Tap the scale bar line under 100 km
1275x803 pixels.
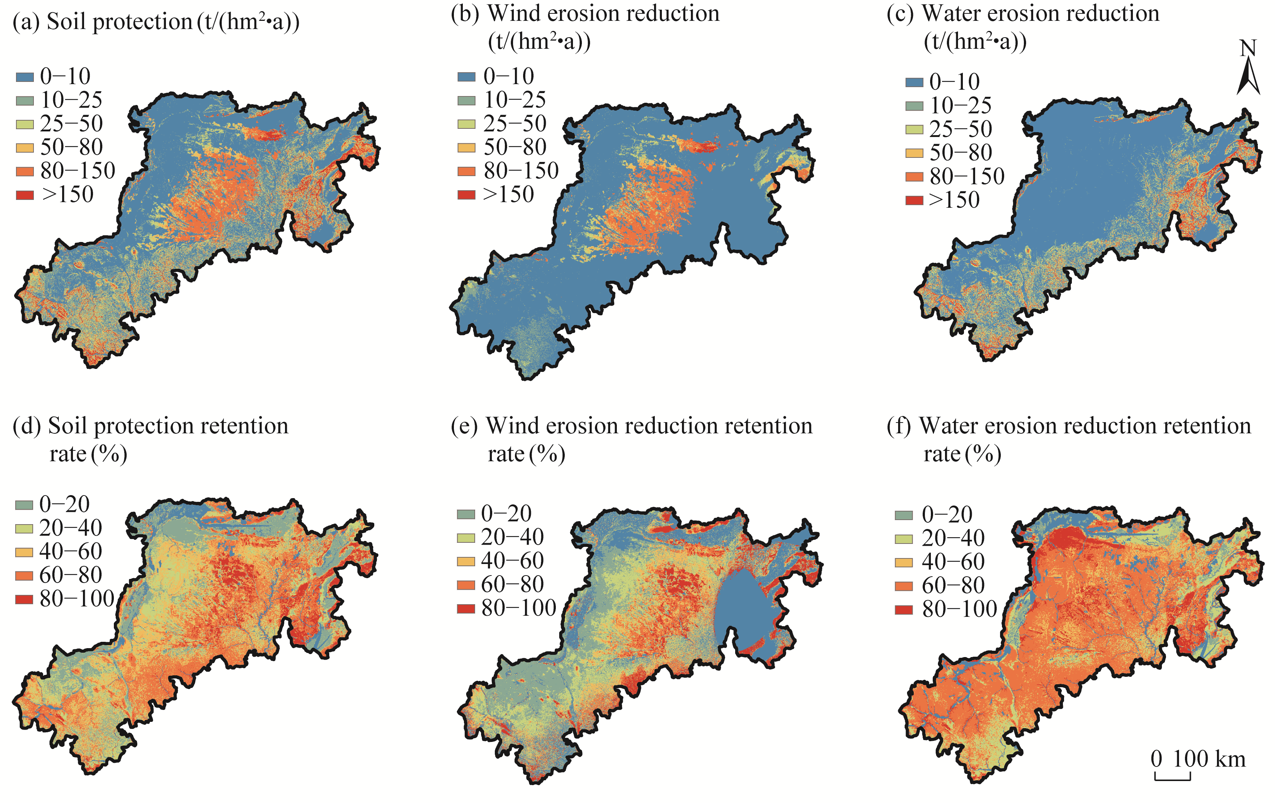pyautogui.click(x=1173, y=779)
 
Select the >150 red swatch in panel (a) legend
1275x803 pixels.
pyautogui.click(x=25, y=195)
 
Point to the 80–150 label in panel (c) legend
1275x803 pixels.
pyautogui.click(x=967, y=176)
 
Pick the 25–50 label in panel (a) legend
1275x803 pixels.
pyautogui.click(x=71, y=124)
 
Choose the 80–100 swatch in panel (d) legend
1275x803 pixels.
pyautogui.click(x=24, y=599)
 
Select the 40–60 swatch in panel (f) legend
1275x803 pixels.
pyautogui.click(x=904, y=562)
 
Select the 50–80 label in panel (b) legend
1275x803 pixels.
pyautogui.click(x=515, y=147)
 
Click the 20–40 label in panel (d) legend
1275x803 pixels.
pyautogui.click(x=70, y=528)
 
